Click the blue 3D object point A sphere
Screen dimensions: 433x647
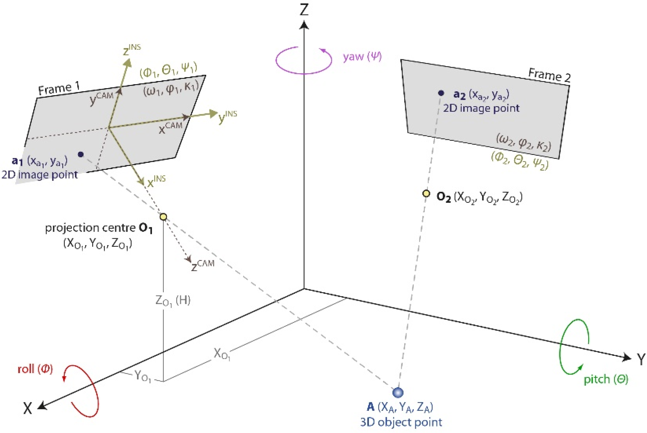(x=397, y=392)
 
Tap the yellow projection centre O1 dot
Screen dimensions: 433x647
(x=163, y=217)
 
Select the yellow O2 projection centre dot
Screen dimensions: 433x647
(x=426, y=194)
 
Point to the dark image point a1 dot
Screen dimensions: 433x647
(x=81, y=154)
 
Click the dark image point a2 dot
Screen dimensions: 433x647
(x=441, y=93)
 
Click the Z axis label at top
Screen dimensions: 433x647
(x=304, y=10)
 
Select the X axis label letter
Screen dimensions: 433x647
(x=27, y=408)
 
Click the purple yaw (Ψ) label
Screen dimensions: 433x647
(x=362, y=57)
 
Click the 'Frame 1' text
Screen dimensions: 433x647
(x=59, y=89)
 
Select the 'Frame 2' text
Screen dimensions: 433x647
(x=549, y=75)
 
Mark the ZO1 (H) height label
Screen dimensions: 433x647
(x=173, y=301)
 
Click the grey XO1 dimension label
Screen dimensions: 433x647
(x=222, y=354)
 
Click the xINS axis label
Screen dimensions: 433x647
(x=156, y=181)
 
